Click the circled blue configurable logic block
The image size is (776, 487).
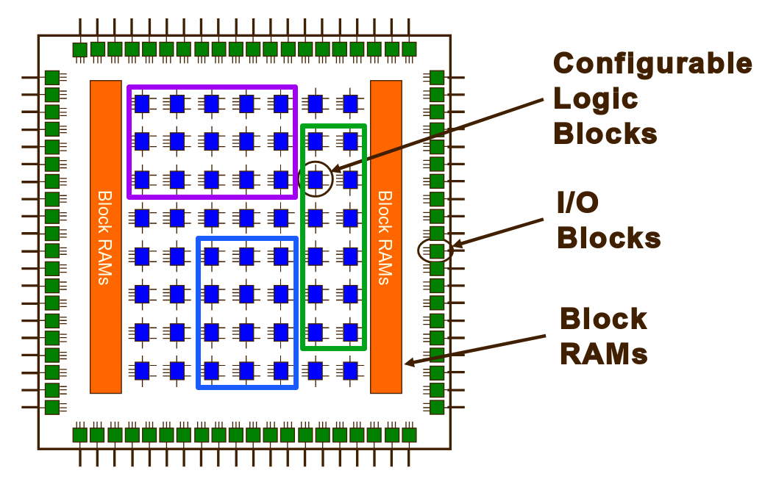click(x=316, y=178)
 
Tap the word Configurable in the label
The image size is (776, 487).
click(x=652, y=64)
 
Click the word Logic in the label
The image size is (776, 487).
click(x=595, y=98)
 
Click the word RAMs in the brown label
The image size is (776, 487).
click(x=603, y=354)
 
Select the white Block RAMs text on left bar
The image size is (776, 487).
click(x=105, y=237)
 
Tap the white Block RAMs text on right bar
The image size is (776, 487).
click(x=385, y=237)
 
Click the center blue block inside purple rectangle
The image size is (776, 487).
click(x=212, y=140)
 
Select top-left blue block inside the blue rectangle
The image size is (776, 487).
click(x=212, y=256)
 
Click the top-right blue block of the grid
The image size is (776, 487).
click(x=351, y=103)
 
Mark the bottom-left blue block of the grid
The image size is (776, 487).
click(x=142, y=369)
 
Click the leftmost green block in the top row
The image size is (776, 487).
click(x=80, y=50)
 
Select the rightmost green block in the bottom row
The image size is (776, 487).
click(x=409, y=435)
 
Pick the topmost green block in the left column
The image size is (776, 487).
click(x=51, y=77)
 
